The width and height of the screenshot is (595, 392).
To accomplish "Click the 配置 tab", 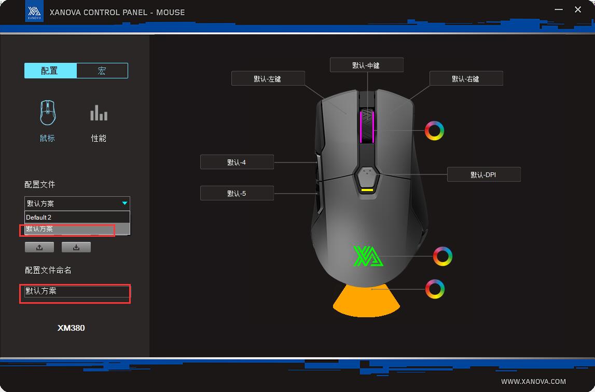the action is pos(50,71).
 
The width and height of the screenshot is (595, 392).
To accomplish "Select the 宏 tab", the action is pos(102,71).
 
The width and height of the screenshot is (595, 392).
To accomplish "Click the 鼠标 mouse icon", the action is pos(48,113).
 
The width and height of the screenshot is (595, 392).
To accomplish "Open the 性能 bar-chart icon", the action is pos(99,113).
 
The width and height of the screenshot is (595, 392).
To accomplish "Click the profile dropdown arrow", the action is pos(124,203).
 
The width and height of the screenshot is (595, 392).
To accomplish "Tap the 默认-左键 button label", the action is pos(268,78).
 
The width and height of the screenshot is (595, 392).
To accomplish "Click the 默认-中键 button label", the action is pos(367,65).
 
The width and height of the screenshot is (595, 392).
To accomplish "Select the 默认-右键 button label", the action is pos(466,78).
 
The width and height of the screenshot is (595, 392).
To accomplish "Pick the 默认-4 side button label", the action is pos(237,162).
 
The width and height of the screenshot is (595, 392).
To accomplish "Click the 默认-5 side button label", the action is pos(237,193).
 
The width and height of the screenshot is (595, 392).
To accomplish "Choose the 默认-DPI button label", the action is pos(484,174).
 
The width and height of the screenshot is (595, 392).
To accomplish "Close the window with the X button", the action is pos(577,9).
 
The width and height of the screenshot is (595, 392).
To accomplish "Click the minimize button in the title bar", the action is pos(559,9).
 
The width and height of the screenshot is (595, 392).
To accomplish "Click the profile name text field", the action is pos(77,291).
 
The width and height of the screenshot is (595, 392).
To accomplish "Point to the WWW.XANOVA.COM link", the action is pos(533,382).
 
